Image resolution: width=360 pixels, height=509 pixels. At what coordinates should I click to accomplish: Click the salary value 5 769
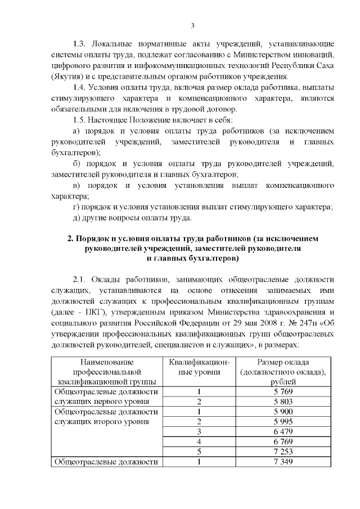tap(283, 391)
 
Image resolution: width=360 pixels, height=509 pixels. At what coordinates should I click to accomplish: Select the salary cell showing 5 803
tap(283, 402)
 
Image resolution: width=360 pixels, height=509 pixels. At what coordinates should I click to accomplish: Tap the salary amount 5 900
tap(283, 412)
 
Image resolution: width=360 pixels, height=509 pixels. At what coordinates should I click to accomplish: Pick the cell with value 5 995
tap(283, 422)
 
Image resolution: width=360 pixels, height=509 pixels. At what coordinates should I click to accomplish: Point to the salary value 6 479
tap(283, 432)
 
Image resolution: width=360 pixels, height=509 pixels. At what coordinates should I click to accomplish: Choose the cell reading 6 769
tap(283, 442)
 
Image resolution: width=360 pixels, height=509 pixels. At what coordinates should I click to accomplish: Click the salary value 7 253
tap(283, 452)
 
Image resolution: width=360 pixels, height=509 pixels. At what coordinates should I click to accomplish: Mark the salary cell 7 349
tap(283, 462)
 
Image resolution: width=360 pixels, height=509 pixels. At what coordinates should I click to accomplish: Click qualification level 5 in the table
tap(199, 452)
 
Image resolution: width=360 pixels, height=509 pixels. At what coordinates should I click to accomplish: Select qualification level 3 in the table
tap(199, 432)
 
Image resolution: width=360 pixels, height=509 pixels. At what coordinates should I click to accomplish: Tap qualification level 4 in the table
tap(199, 442)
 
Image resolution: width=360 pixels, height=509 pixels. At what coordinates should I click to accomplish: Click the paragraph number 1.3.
tap(80, 43)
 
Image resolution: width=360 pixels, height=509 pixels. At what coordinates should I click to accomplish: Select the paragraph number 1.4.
tap(80, 87)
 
